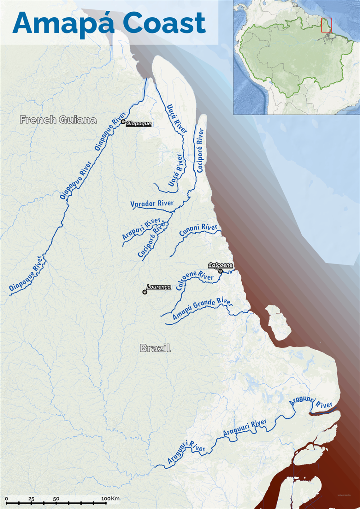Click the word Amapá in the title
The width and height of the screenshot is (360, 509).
coord(63,23)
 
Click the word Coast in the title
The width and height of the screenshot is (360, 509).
coord(164,23)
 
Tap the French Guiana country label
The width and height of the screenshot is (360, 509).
coord(58,120)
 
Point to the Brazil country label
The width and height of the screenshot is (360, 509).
coord(155,348)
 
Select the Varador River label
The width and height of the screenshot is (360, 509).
coord(152,204)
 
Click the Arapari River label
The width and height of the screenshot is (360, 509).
coord(141,229)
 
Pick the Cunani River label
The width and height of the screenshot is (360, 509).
coord(198,230)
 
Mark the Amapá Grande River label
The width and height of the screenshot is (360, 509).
coord(202,308)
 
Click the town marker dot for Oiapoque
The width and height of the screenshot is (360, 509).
coord(123,122)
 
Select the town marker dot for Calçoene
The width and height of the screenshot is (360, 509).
coord(220,271)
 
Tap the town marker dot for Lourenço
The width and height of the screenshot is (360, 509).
coord(145,292)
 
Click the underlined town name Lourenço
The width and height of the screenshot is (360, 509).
coord(159,287)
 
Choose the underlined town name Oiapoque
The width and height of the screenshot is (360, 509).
coord(139,123)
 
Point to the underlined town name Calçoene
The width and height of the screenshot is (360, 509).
coord(221,265)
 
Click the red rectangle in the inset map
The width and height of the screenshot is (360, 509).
coord(327,25)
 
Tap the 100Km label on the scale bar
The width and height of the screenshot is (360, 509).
coord(110,499)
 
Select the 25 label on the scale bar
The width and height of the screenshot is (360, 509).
coord(31,499)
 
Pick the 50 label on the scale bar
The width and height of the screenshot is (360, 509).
coord(56,499)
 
